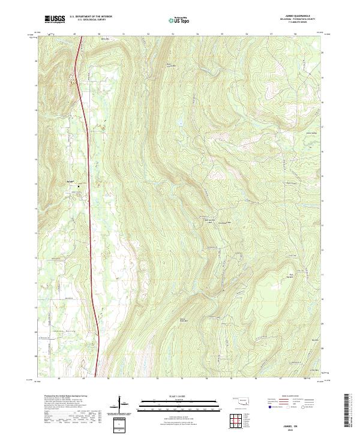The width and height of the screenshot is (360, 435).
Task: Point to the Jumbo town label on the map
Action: [70, 181]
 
